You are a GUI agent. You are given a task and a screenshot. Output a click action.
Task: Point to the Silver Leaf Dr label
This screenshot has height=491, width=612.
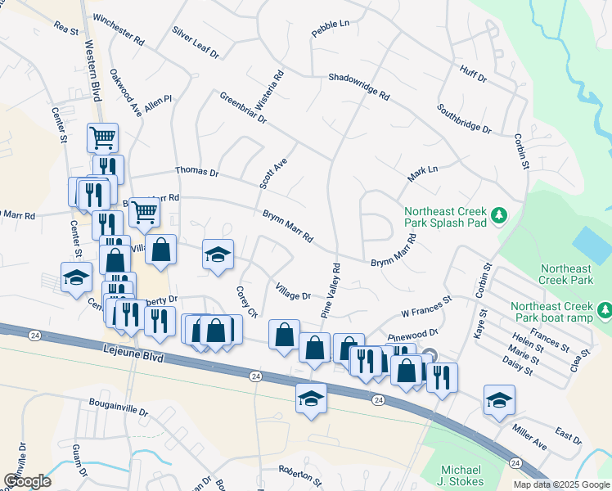(196, 42)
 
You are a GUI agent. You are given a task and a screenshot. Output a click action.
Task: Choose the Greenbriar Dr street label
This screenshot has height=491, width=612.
(243, 108)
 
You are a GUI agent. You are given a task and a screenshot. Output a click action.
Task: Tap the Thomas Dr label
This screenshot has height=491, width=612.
(197, 173)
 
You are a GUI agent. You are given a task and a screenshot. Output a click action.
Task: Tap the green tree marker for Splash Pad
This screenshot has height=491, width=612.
(497, 216)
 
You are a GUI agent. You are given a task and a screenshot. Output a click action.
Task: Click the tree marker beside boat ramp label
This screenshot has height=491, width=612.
(604, 310)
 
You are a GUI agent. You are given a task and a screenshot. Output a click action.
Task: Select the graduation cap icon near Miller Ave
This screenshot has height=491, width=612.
(499, 399)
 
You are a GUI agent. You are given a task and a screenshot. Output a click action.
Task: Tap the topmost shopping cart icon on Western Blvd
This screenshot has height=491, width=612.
(103, 137)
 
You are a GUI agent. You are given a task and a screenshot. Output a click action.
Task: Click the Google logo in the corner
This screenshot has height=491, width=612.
(27, 480)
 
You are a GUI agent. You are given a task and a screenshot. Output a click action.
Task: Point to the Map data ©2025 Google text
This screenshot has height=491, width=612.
(561, 484)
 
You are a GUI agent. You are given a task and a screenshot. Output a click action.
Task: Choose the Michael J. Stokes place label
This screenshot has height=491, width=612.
(463, 475)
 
